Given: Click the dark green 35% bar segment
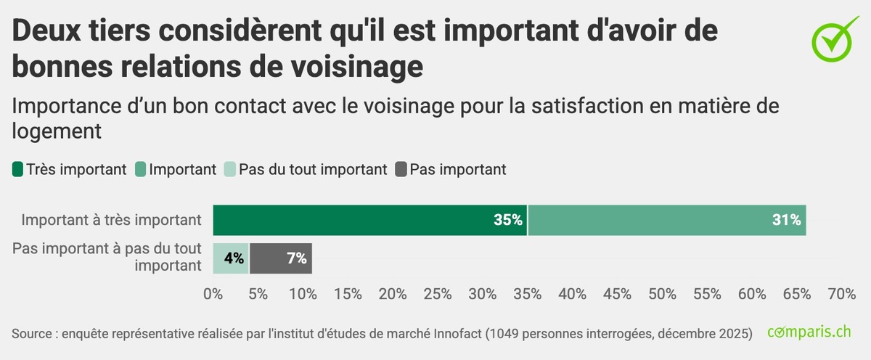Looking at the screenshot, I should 370,220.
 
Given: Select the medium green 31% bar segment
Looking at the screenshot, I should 666,220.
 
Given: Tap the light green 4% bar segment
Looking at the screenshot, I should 231,258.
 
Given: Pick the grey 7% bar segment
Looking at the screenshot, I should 281,258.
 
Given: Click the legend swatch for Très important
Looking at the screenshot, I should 17,170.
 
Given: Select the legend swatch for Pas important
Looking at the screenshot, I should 401,170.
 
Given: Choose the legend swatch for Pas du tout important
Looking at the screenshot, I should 230,170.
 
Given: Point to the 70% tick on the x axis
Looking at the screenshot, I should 842,294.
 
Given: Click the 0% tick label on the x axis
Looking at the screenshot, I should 213,294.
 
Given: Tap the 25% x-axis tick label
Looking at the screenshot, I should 438,294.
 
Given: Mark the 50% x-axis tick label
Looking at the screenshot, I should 662,294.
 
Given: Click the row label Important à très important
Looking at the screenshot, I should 111,220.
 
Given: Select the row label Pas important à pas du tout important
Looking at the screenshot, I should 107,257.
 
